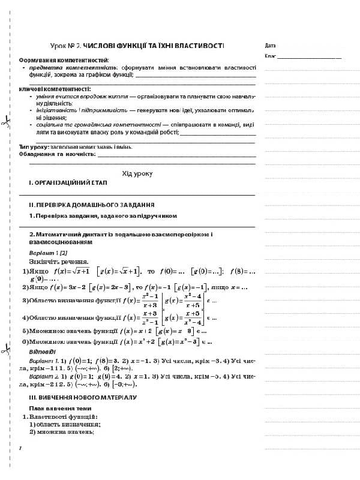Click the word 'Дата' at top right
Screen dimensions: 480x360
[270, 46]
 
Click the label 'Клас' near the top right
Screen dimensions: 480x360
[269, 56]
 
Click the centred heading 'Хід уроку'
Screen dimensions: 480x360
[137, 174]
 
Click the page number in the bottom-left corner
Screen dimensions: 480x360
[21, 449]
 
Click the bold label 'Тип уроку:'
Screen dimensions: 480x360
[32, 147]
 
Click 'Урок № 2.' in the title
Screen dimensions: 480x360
[66, 46]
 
